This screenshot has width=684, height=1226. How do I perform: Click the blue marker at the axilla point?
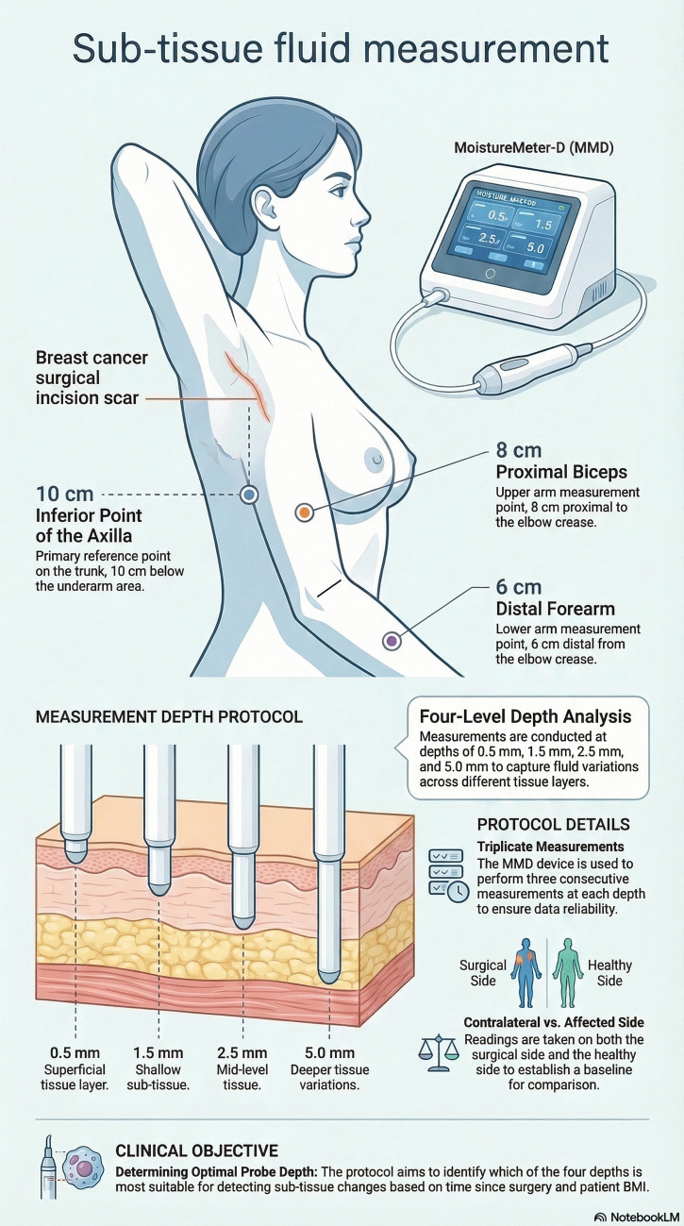[x=249, y=495]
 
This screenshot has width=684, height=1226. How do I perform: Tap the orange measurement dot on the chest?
[x=304, y=512]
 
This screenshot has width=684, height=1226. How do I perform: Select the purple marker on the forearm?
[x=392, y=640]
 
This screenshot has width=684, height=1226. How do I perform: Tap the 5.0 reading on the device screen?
[x=535, y=248]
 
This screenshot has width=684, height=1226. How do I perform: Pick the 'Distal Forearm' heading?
[x=556, y=609]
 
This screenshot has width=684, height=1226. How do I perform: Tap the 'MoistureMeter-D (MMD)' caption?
[x=534, y=147]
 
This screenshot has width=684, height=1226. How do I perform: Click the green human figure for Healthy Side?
[x=568, y=972]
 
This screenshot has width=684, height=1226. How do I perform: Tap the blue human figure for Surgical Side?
[x=526, y=972]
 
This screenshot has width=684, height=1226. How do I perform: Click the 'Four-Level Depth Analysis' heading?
[x=526, y=716]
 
